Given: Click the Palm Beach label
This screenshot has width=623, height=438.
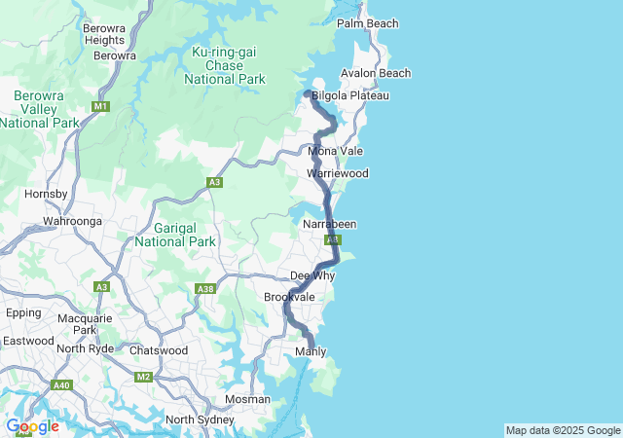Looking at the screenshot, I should point(367,22).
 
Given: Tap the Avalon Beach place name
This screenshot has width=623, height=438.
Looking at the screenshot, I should point(375,73).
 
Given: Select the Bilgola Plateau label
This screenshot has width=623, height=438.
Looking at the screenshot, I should point(349,95).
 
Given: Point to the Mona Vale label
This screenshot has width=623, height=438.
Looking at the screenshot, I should point(335,151).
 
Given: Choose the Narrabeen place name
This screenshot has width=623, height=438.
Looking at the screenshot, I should point(329,224).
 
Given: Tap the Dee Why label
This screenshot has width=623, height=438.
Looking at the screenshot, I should point(312,275).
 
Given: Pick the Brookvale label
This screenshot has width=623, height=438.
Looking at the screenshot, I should point(289,296).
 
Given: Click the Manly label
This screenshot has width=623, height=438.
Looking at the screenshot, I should point(310,351).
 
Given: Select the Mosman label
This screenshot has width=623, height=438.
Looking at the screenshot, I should point(247,399).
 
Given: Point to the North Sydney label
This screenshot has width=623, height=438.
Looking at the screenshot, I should point(200,420).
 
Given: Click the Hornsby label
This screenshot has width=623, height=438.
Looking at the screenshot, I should point(45,194).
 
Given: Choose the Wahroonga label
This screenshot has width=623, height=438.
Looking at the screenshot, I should point(72,221).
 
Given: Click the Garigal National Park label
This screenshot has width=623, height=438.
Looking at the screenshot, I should point(175,234).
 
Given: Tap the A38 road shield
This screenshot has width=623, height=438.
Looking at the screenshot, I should point(205,288).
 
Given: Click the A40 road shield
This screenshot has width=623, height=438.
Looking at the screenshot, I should point(62,385).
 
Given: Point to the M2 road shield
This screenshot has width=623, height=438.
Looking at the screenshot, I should point(144,377).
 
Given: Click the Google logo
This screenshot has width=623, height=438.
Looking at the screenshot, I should point(32,426).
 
